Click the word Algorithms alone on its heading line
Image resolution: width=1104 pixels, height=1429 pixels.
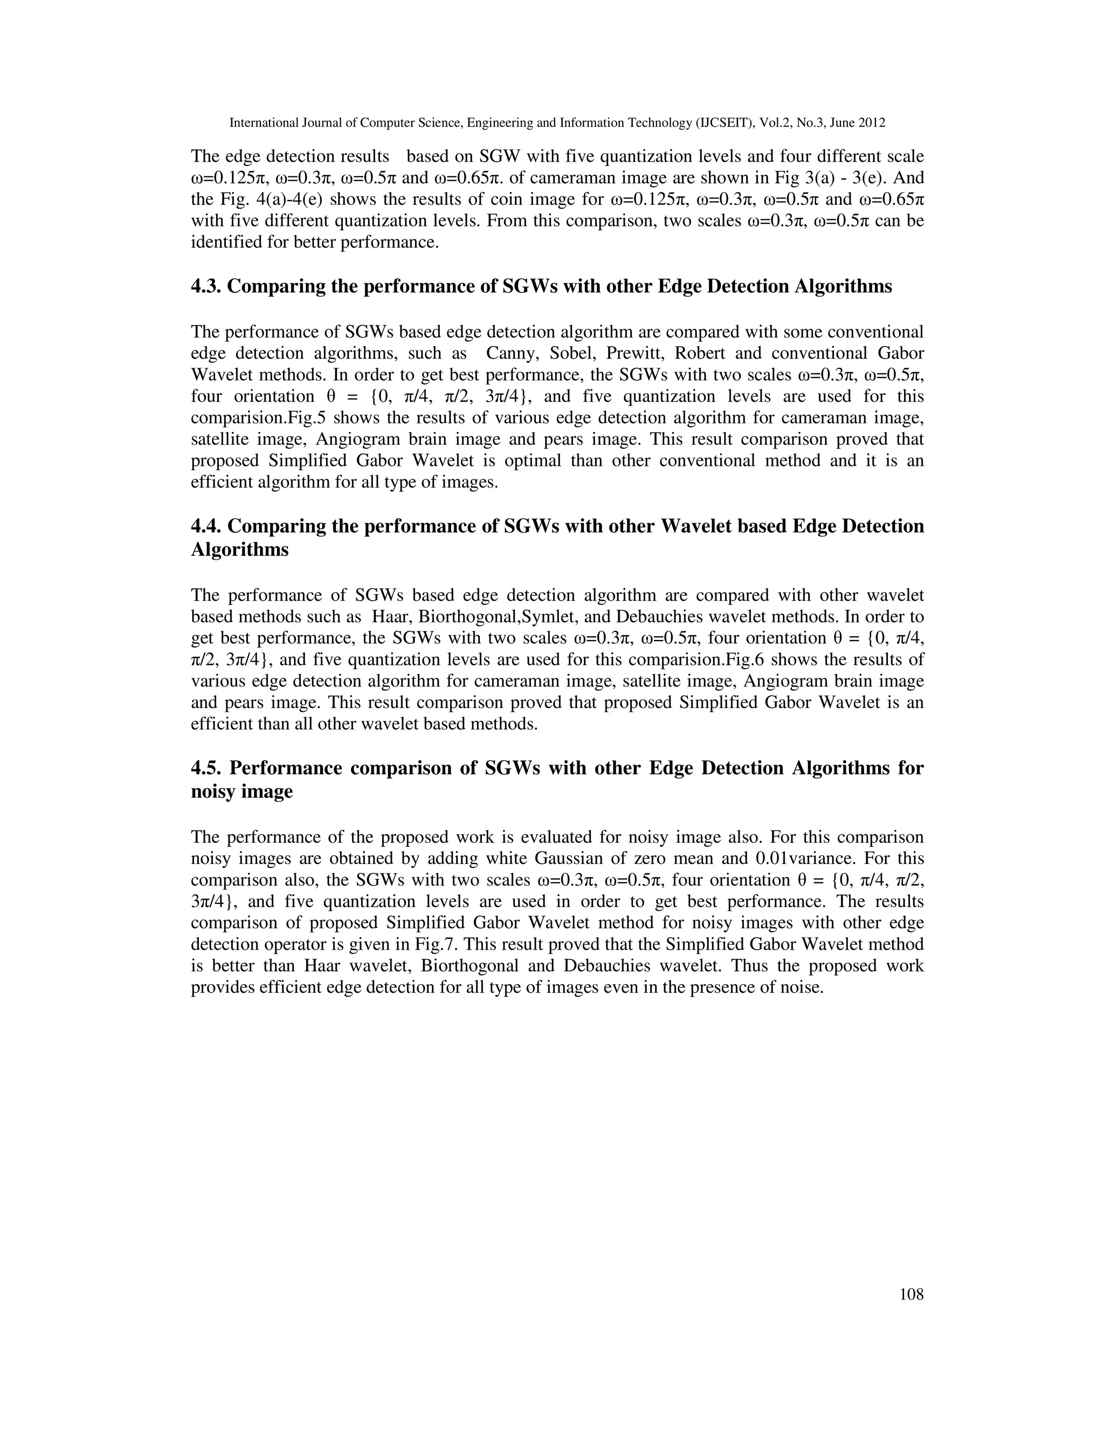coord(239,549)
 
